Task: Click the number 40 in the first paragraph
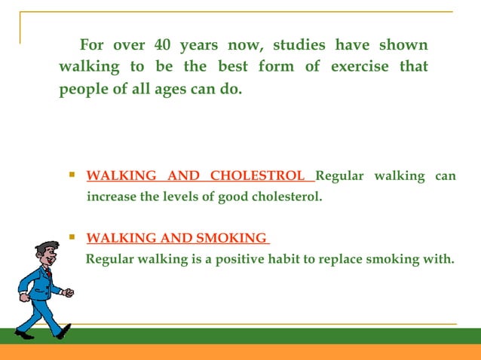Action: (164, 44)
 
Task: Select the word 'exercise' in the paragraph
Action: (359, 66)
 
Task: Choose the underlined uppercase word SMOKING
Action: (231, 239)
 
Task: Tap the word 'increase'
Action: (112, 197)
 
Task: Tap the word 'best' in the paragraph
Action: (232, 66)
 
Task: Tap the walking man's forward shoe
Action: (65, 331)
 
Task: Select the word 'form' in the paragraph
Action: (276, 66)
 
